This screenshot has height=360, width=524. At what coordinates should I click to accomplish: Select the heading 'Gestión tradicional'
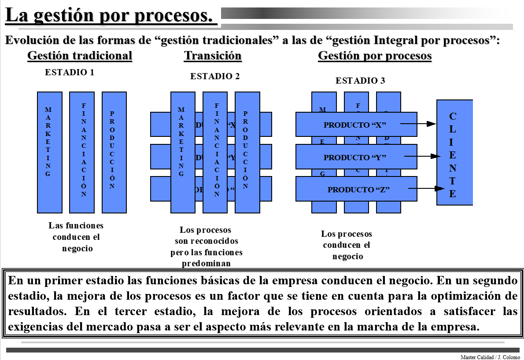pyautogui.click(x=80, y=56)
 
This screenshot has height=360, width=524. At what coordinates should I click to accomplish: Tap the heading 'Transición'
pyautogui.click(x=213, y=56)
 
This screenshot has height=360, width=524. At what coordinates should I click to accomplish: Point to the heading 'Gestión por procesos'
pyautogui.click(x=375, y=56)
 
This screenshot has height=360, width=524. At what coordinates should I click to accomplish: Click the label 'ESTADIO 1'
pyautogui.click(x=70, y=73)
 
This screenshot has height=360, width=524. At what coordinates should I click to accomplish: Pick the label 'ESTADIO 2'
pyautogui.click(x=215, y=76)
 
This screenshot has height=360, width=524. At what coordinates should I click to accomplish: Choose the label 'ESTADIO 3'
pyautogui.click(x=360, y=81)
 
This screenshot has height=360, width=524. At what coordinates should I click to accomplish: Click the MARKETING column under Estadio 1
pyautogui.click(x=49, y=152)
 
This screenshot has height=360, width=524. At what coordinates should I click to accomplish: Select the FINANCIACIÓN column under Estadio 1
pyautogui.click(x=82, y=152)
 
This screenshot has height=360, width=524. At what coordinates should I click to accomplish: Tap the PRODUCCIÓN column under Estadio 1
pyautogui.click(x=114, y=152)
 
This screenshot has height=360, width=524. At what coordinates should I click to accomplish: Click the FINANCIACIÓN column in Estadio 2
pyautogui.click(x=215, y=152)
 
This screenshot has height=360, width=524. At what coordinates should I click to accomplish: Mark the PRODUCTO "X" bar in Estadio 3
pyautogui.click(x=356, y=125)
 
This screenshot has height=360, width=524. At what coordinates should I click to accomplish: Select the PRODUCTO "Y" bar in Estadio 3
pyautogui.click(x=356, y=157)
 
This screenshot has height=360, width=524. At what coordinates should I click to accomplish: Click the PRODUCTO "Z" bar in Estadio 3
pyautogui.click(x=356, y=190)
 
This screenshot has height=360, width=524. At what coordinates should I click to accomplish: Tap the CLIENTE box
pyautogui.click(x=454, y=152)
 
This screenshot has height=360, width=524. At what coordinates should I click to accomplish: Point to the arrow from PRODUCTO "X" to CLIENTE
pyautogui.click(x=418, y=124)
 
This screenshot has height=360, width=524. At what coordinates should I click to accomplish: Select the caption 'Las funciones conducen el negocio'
pyautogui.click(x=76, y=237)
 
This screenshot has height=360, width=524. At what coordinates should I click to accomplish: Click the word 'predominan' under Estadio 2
pyautogui.click(x=207, y=264)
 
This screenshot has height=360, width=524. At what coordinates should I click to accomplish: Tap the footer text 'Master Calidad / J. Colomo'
pyautogui.click(x=490, y=357)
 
